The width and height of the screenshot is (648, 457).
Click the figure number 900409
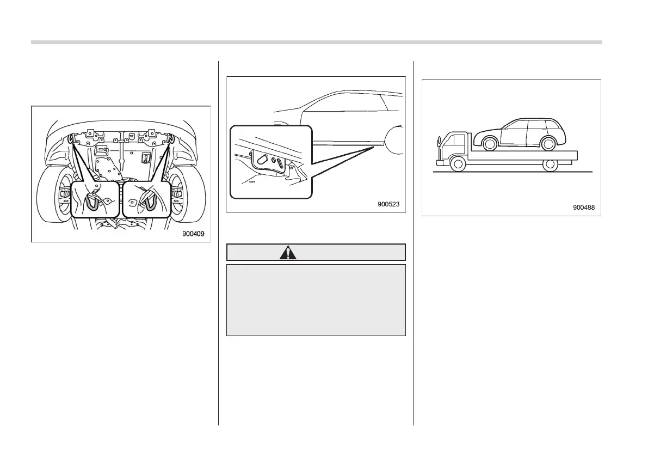point(193,235)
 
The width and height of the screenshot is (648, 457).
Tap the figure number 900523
point(389,205)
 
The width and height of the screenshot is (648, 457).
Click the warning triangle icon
point(288,252)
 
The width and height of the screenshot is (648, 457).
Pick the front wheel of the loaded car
point(490,144)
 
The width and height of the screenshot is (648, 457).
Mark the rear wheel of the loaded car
point(548,144)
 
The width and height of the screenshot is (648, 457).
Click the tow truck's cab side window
point(451,145)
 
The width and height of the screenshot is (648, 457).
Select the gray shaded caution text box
point(316,300)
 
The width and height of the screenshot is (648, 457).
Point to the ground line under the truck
point(511,172)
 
